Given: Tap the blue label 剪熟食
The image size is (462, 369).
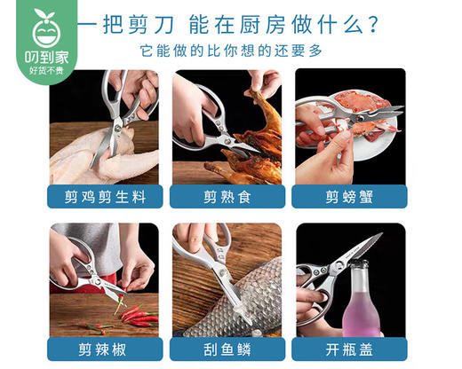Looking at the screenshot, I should tap(227, 196).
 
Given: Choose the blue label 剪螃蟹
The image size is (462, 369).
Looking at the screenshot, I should tap(349, 196).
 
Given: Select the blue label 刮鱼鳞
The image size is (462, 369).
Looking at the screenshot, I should tap(227, 348).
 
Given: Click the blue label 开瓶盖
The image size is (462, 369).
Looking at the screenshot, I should tap(349, 348).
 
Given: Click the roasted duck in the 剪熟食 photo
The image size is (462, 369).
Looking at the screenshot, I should tap(249, 142).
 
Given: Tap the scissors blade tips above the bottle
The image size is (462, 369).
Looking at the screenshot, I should tap(373, 241).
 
